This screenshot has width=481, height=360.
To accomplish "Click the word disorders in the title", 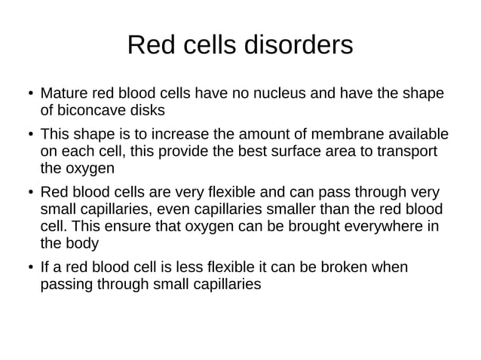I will [x=297, y=45].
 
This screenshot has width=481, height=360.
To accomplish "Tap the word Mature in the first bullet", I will [x=65, y=94].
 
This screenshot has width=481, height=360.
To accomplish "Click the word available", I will [x=417, y=135].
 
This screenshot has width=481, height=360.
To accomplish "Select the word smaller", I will [x=286, y=208].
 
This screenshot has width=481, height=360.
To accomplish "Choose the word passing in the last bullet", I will [x=66, y=285].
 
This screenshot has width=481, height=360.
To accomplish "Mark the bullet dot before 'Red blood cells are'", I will [x=24, y=193].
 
